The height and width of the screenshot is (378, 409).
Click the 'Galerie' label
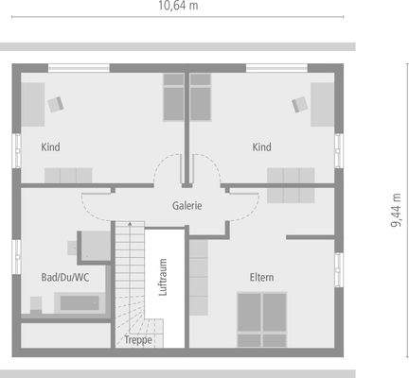point(186,205)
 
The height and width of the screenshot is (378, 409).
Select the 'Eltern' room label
point(261,277)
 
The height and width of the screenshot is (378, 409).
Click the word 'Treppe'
point(138,339)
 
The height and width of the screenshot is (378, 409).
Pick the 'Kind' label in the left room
point(51,147)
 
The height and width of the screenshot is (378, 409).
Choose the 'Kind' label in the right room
point(262,147)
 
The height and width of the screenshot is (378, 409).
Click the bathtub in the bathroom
point(79,303)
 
